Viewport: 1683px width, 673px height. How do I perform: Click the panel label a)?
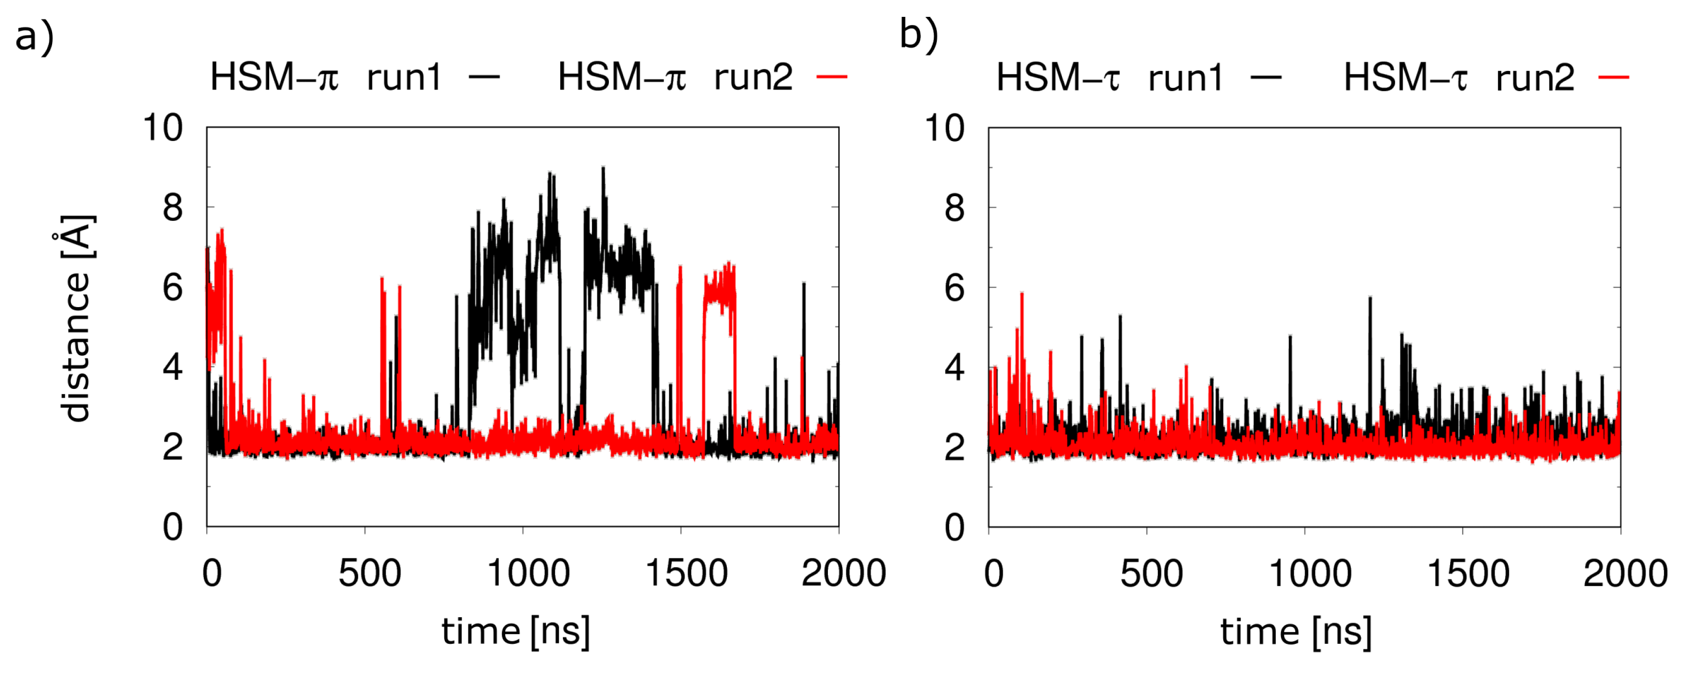click(34, 37)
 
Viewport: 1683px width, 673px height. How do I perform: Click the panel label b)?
click(918, 34)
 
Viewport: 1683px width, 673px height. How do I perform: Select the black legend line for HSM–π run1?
click(484, 77)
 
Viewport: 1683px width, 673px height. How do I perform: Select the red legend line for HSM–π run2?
click(832, 77)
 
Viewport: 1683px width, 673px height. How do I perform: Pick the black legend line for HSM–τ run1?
click(1266, 78)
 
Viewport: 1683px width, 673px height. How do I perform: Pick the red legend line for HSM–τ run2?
click(1614, 78)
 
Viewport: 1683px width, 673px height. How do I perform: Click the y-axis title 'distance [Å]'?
click(75, 318)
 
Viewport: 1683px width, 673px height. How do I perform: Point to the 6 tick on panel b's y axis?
click(955, 288)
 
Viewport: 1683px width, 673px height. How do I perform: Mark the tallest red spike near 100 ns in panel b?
click(1022, 295)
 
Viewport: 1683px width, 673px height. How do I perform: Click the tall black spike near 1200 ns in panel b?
click(1370, 299)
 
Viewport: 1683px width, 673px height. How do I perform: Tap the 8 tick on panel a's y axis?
click(173, 208)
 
